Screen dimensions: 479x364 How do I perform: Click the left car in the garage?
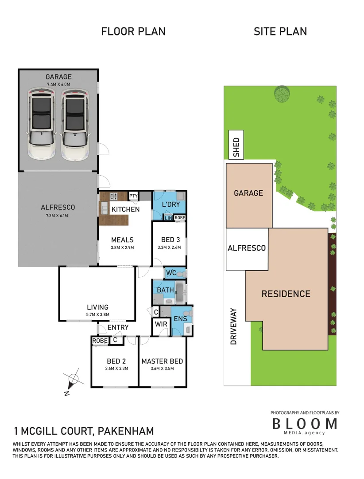(x=41, y=124)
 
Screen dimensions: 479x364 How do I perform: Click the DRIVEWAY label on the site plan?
(x=234, y=326)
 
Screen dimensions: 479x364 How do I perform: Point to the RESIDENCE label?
(x=286, y=294)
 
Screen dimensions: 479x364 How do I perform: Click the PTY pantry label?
(x=133, y=196)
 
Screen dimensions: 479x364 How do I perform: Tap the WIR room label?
(x=161, y=324)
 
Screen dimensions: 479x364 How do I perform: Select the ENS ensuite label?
(x=180, y=319)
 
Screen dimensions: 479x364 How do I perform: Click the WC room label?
(x=171, y=273)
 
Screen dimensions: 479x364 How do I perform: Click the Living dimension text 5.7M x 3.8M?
(x=97, y=314)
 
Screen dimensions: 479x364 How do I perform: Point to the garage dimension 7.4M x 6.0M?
(x=58, y=84)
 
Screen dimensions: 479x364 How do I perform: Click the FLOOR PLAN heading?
(x=133, y=31)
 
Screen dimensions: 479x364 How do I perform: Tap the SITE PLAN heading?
(x=280, y=31)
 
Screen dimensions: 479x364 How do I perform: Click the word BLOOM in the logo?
(x=304, y=424)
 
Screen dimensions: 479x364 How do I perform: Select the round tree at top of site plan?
(x=281, y=93)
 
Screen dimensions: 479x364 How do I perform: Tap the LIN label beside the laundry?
(x=168, y=218)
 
